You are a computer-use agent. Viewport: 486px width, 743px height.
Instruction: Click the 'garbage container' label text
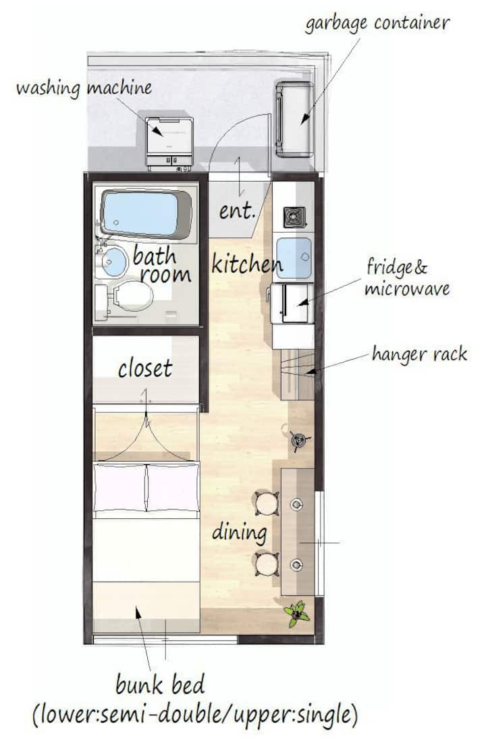[x=377, y=23]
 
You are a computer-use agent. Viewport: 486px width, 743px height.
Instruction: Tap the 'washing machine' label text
[x=84, y=88]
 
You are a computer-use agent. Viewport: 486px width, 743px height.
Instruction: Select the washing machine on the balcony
[x=169, y=144]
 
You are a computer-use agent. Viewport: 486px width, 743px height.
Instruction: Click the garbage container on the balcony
[x=294, y=119]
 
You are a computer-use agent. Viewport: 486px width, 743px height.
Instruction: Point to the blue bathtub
[x=146, y=214]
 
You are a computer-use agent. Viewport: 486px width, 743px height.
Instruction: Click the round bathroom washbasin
[x=114, y=262]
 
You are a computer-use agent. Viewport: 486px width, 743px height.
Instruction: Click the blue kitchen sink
[x=294, y=258]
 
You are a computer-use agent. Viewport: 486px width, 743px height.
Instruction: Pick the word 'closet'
[x=145, y=368]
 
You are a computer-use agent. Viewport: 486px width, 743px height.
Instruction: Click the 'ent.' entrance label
[x=237, y=211]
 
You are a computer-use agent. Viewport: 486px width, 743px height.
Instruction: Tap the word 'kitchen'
[x=246, y=263]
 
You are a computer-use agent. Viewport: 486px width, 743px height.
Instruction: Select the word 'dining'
[x=239, y=532]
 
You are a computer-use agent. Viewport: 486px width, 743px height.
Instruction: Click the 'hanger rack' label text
[x=420, y=354]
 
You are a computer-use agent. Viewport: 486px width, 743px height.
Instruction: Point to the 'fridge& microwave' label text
[x=407, y=277]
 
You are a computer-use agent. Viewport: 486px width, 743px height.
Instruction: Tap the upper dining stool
[x=267, y=503]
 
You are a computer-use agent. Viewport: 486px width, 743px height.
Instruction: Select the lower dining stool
[x=267, y=564]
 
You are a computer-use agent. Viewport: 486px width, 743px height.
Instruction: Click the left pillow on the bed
[x=119, y=488]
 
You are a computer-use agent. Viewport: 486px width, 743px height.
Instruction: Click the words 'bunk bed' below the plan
[x=160, y=685]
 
